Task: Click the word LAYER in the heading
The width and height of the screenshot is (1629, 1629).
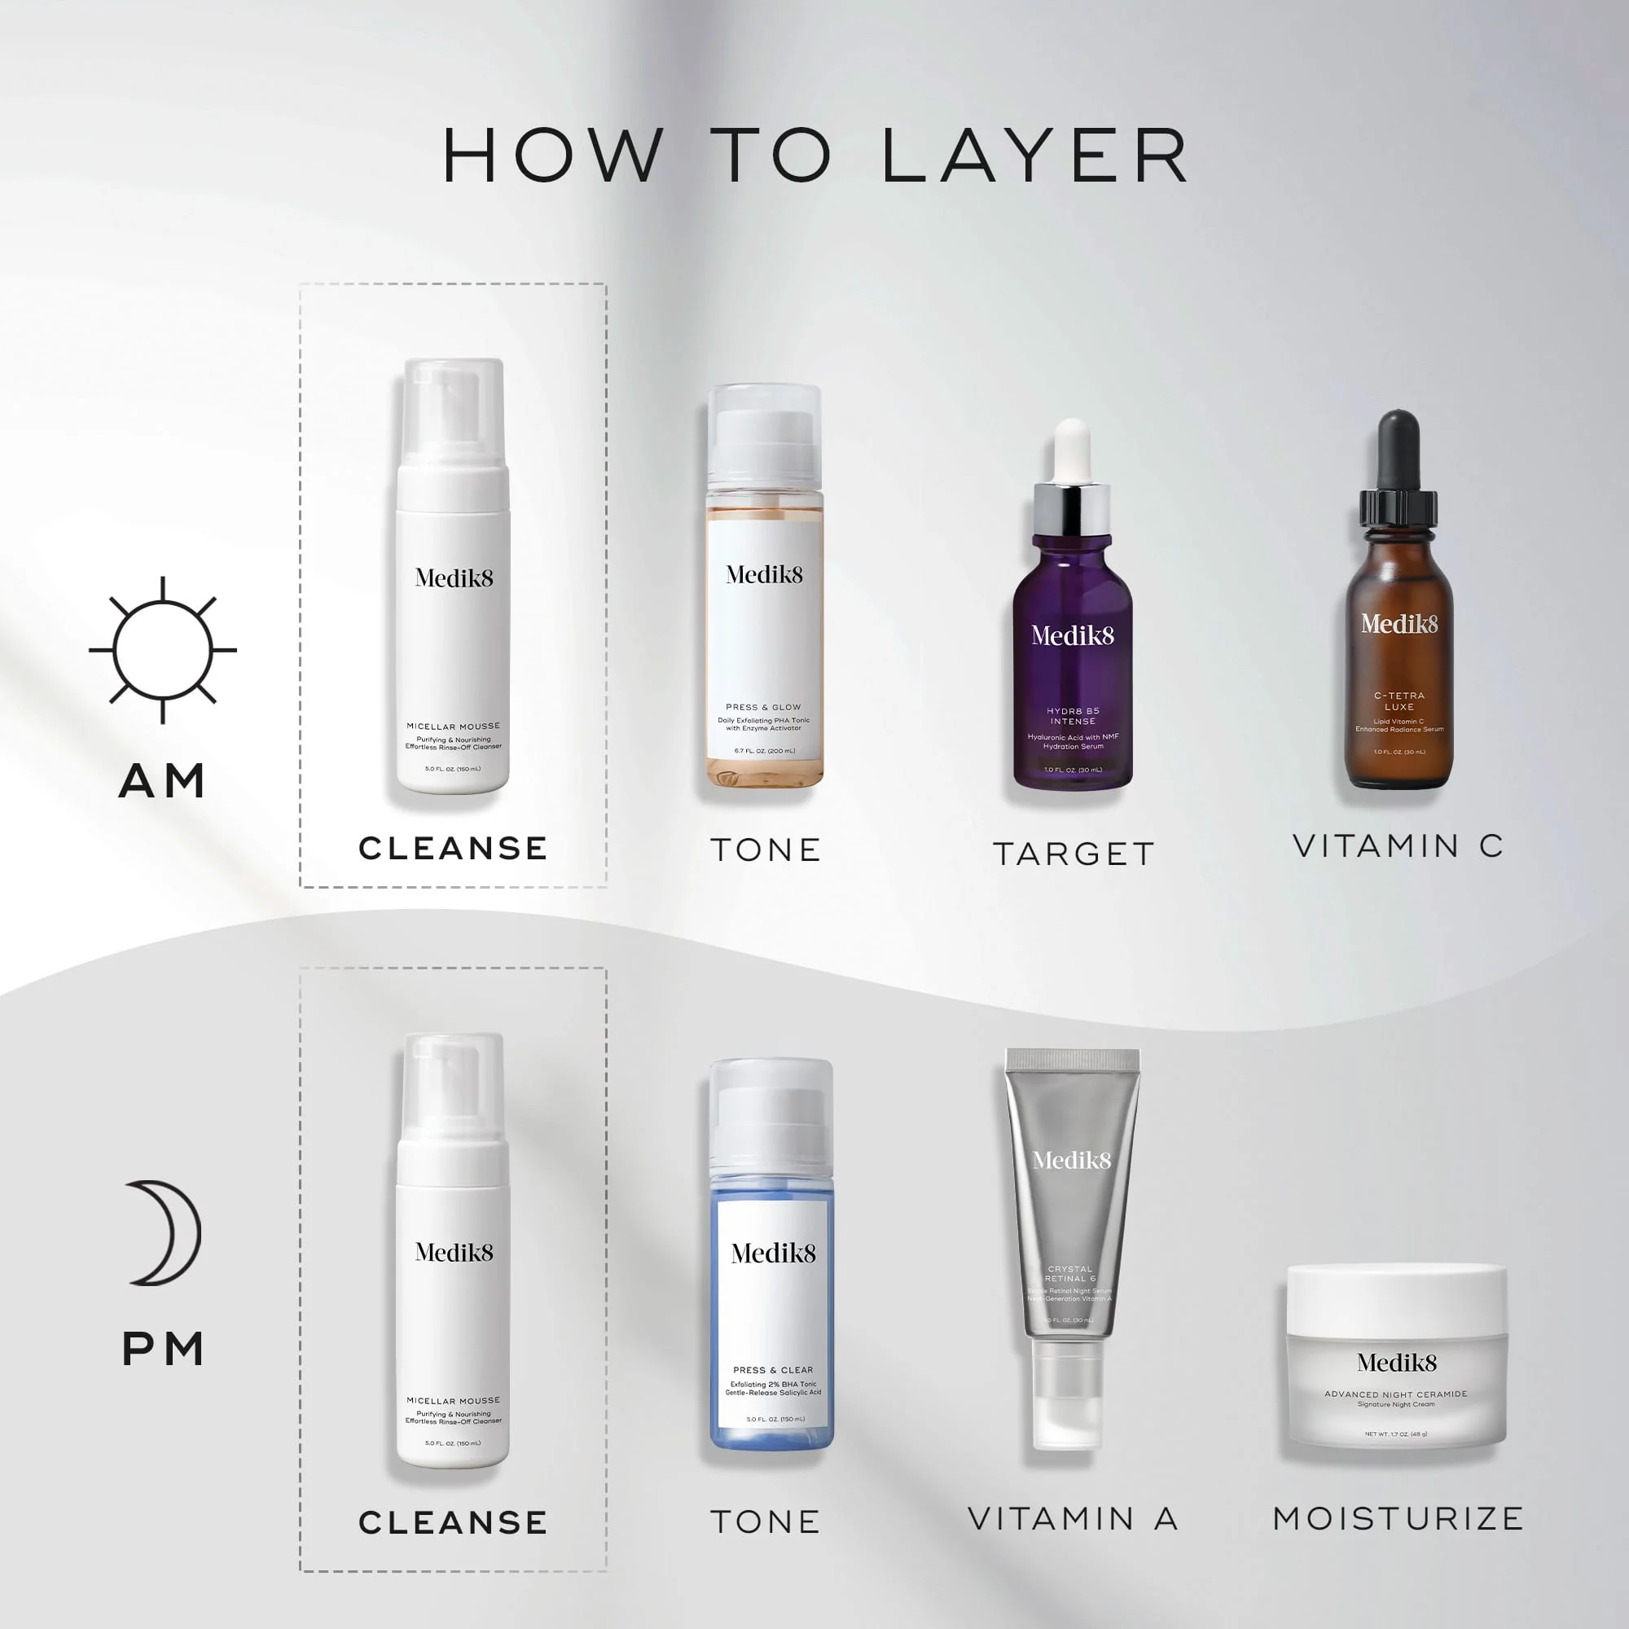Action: click(x=1035, y=156)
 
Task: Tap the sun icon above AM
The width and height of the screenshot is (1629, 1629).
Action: click(x=163, y=650)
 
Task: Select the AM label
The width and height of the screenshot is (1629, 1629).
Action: click(x=163, y=781)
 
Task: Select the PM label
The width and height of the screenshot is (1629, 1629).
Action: click(x=163, y=1349)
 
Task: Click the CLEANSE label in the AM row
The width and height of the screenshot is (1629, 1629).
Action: click(x=453, y=848)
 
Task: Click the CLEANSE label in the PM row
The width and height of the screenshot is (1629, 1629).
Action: click(x=453, y=1523)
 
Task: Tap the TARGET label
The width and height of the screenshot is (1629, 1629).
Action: click(x=1074, y=854)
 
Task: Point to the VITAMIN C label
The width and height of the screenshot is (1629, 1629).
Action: click(x=1398, y=845)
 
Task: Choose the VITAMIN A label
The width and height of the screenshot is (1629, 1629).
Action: click(x=1073, y=1518)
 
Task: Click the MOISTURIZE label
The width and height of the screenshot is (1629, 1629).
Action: click(x=1398, y=1518)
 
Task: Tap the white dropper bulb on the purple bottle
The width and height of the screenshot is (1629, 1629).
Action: click(x=1073, y=447)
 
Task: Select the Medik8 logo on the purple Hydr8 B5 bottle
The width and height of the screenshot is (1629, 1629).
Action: click(x=1073, y=635)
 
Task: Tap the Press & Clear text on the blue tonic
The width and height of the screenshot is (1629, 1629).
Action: click(x=772, y=1370)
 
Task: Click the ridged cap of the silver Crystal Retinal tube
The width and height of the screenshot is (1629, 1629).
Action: click(x=1073, y=1060)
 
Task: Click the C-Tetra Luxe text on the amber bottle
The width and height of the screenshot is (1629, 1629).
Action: click(x=1398, y=700)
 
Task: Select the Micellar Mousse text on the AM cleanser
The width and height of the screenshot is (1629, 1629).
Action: click(x=453, y=726)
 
